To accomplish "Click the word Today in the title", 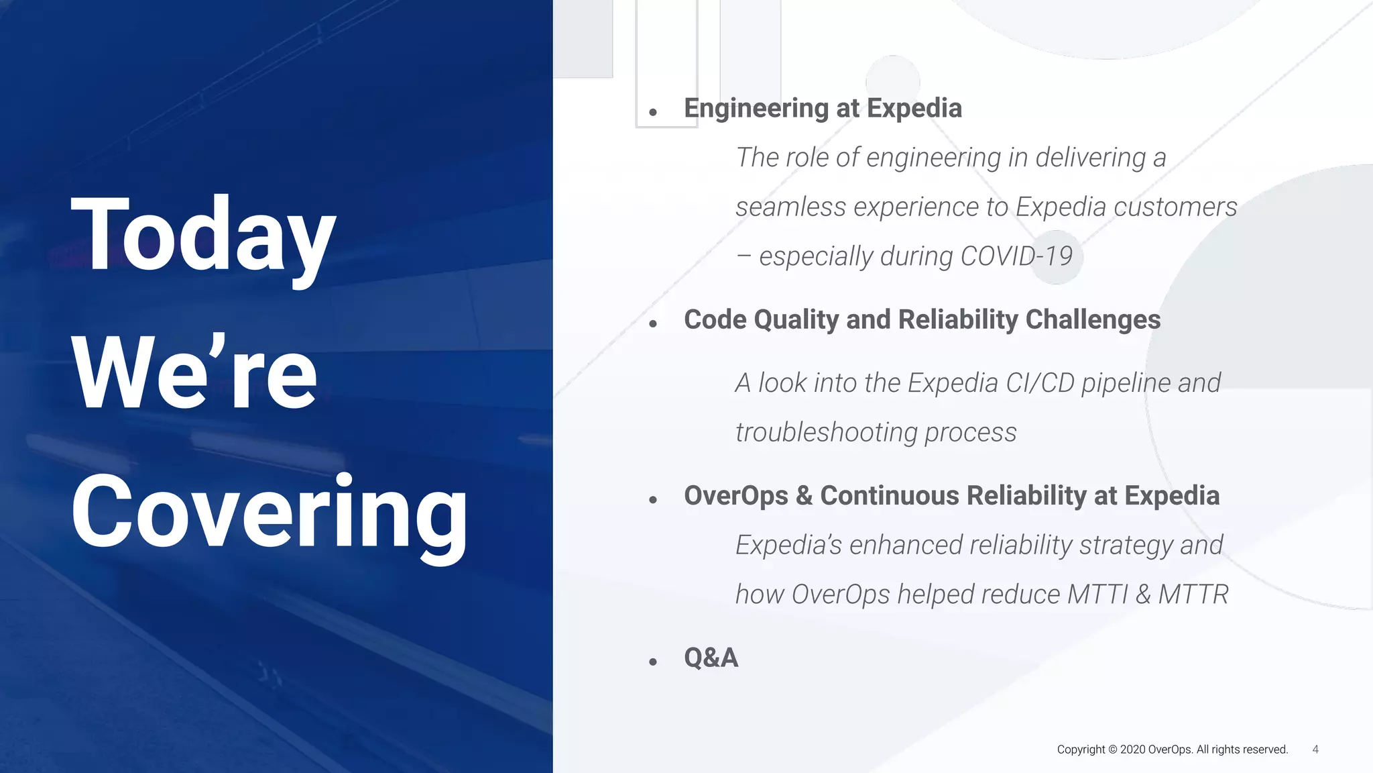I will (203, 235).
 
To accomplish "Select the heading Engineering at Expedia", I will (823, 109).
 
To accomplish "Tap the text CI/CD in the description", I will (1040, 383).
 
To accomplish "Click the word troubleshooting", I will (826, 433).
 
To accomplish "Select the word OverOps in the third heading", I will (735, 496).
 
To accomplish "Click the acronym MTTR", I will (1193, 595).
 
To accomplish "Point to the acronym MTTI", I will (1097, 595).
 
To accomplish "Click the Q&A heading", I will (711, 658).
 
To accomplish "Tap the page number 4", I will (1315, 750).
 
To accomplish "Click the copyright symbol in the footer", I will (1113, 750).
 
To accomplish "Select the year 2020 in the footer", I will (1132, 750).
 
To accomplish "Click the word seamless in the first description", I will (790, 207).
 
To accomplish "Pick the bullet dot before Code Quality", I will (653, 324).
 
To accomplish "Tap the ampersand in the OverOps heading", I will (804, 496).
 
